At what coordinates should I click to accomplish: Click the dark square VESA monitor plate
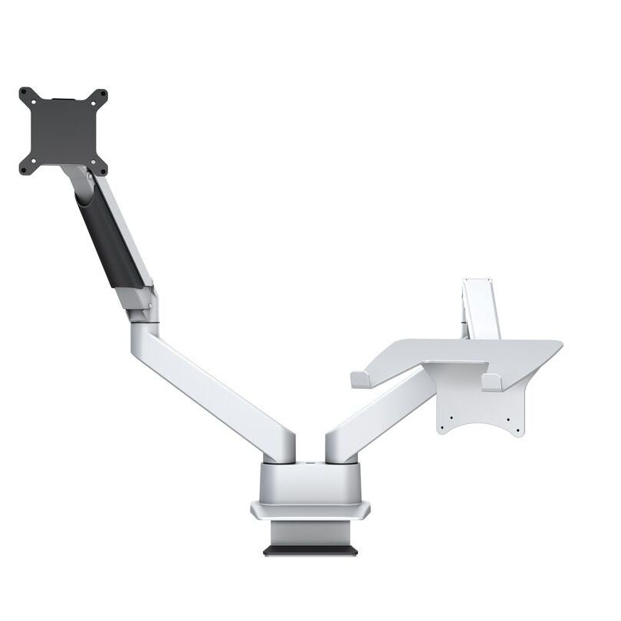[x=64, y=131]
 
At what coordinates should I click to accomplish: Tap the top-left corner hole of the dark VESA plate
[x=25, y=93]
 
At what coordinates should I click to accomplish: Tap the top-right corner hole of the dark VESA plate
[x=102, y=93]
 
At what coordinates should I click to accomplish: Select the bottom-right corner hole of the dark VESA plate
[x=103, y=169]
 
